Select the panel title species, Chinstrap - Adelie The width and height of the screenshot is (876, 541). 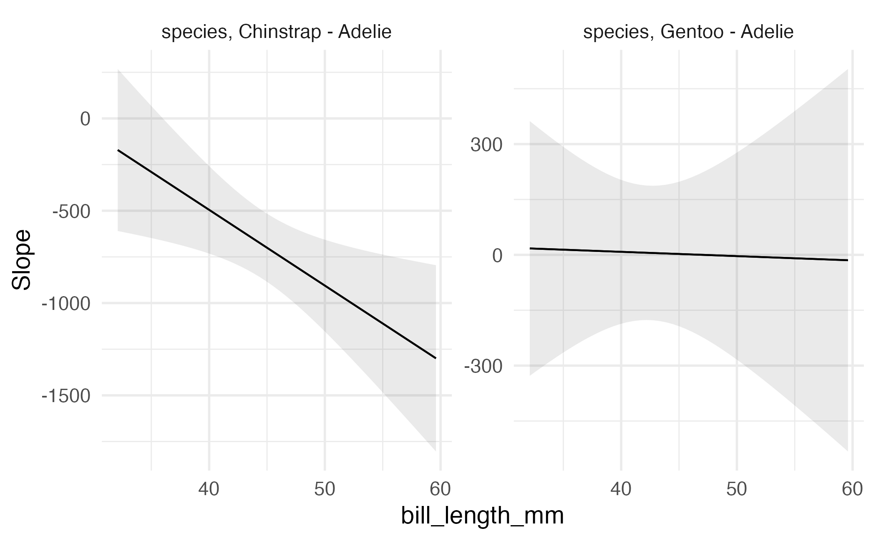click(x=277, y=32)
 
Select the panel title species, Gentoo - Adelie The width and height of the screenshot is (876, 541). click(x=688, y=32)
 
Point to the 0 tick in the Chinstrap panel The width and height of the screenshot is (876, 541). click(x=85, y=119)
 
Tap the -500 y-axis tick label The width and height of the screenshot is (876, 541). click(x=71, y=211)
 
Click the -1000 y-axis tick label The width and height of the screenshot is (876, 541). click(x=66, y=304)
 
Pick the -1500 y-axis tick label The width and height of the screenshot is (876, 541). click(x=66, y=396)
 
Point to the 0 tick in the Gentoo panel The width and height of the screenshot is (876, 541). click(x=497, y=256)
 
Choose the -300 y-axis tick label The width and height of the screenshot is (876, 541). click(x=483, y=367)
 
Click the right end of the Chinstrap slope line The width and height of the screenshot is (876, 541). click(x=435, y=358)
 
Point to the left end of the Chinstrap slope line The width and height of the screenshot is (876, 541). click(x=118, y=150)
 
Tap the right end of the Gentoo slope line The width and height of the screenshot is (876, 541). click(x=848, y=260)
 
